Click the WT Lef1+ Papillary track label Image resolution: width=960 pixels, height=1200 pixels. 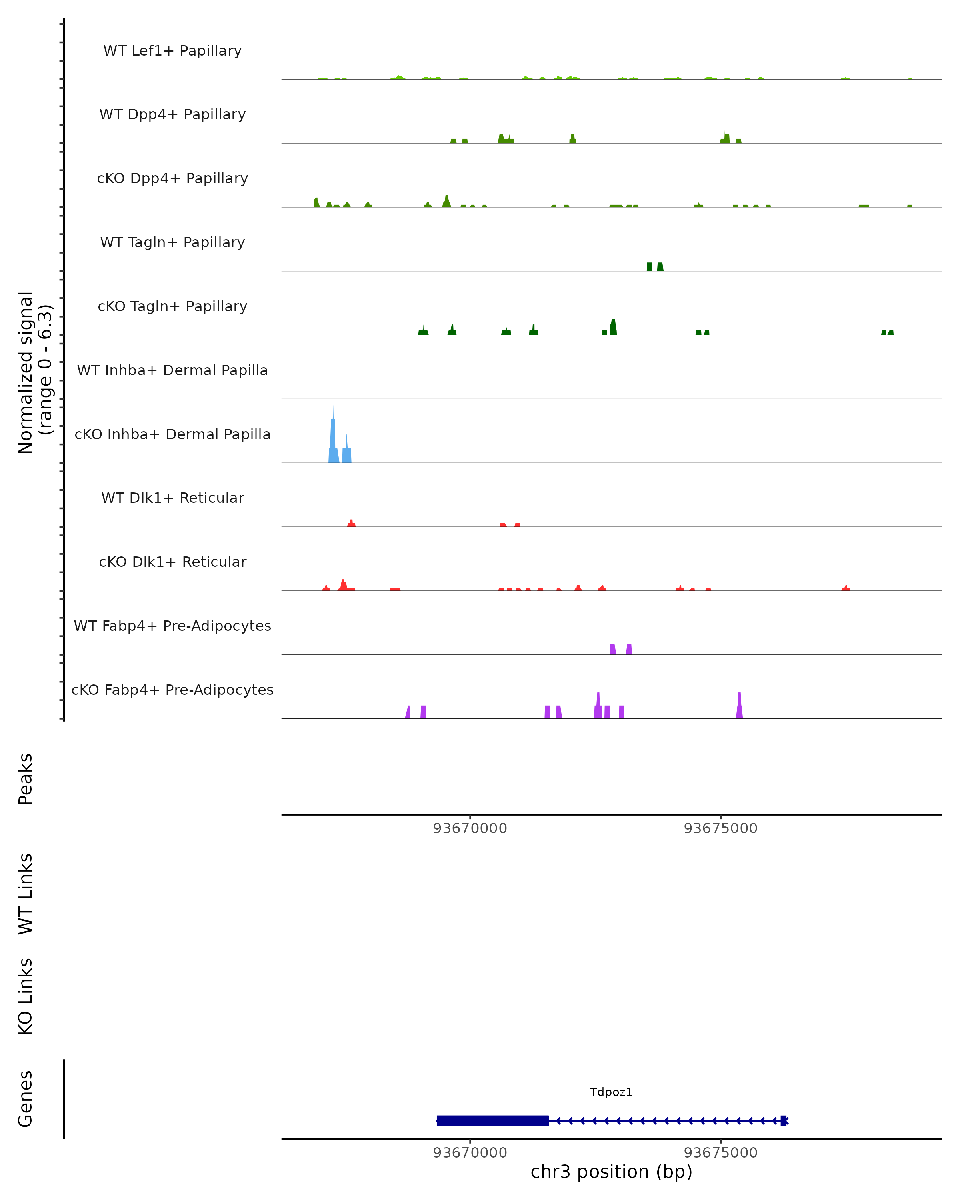(172, 51)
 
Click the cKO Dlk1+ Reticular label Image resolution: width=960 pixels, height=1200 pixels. (172, 562)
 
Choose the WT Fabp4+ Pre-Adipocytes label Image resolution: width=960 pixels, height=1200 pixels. (172, 626)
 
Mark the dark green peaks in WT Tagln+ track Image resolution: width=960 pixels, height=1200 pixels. (654, 267)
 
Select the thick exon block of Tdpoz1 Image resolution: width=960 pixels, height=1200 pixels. (492, 1120)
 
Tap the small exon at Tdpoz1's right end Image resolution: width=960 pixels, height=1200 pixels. (784, 1120)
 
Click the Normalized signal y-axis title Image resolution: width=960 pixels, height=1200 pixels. (34, 372)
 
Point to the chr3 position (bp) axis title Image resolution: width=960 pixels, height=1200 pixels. (611, 1172)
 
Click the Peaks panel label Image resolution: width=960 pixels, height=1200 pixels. (26, 779)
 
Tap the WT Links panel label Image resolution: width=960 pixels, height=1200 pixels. (26, 893)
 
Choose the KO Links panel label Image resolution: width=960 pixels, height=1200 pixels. (26, 996)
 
